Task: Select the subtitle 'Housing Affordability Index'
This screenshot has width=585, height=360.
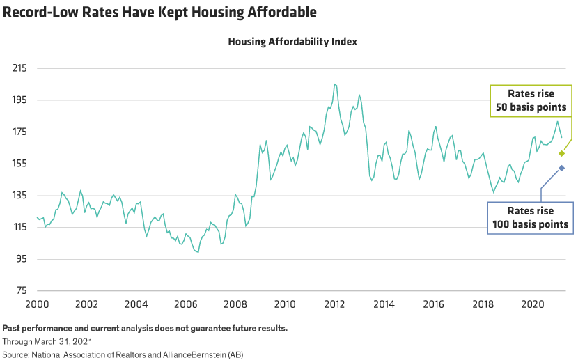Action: click(x=292, y=42)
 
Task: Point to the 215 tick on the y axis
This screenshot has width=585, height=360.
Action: click(x=18, y=69)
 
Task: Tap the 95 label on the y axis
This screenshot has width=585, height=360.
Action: click(x=21, y=259)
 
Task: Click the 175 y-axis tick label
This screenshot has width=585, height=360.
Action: click(x=18, y=132)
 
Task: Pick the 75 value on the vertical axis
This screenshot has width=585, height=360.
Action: click(x=21, y=291)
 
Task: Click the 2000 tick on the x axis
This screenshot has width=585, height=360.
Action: click(x=36, y=304)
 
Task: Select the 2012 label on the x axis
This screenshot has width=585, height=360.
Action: click(x=334, y=304)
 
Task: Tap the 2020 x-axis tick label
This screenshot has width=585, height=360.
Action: click(x=533, y=304)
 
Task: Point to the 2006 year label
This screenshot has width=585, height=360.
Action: click(x=185, y=304)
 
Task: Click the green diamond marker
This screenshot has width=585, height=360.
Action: click(x=561, y=153)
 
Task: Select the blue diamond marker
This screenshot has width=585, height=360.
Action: click(x=561, y=169)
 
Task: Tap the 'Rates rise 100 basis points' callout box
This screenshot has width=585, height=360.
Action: click(x=528, y=217)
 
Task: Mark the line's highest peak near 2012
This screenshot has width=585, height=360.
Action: click(x=335, y=84)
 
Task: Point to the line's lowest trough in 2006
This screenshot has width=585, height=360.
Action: click(x=198, y=252)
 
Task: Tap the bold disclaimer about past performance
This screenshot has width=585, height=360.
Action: click(x=145, y=328)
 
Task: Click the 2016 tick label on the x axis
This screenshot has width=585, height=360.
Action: click(x=434, y=304)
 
